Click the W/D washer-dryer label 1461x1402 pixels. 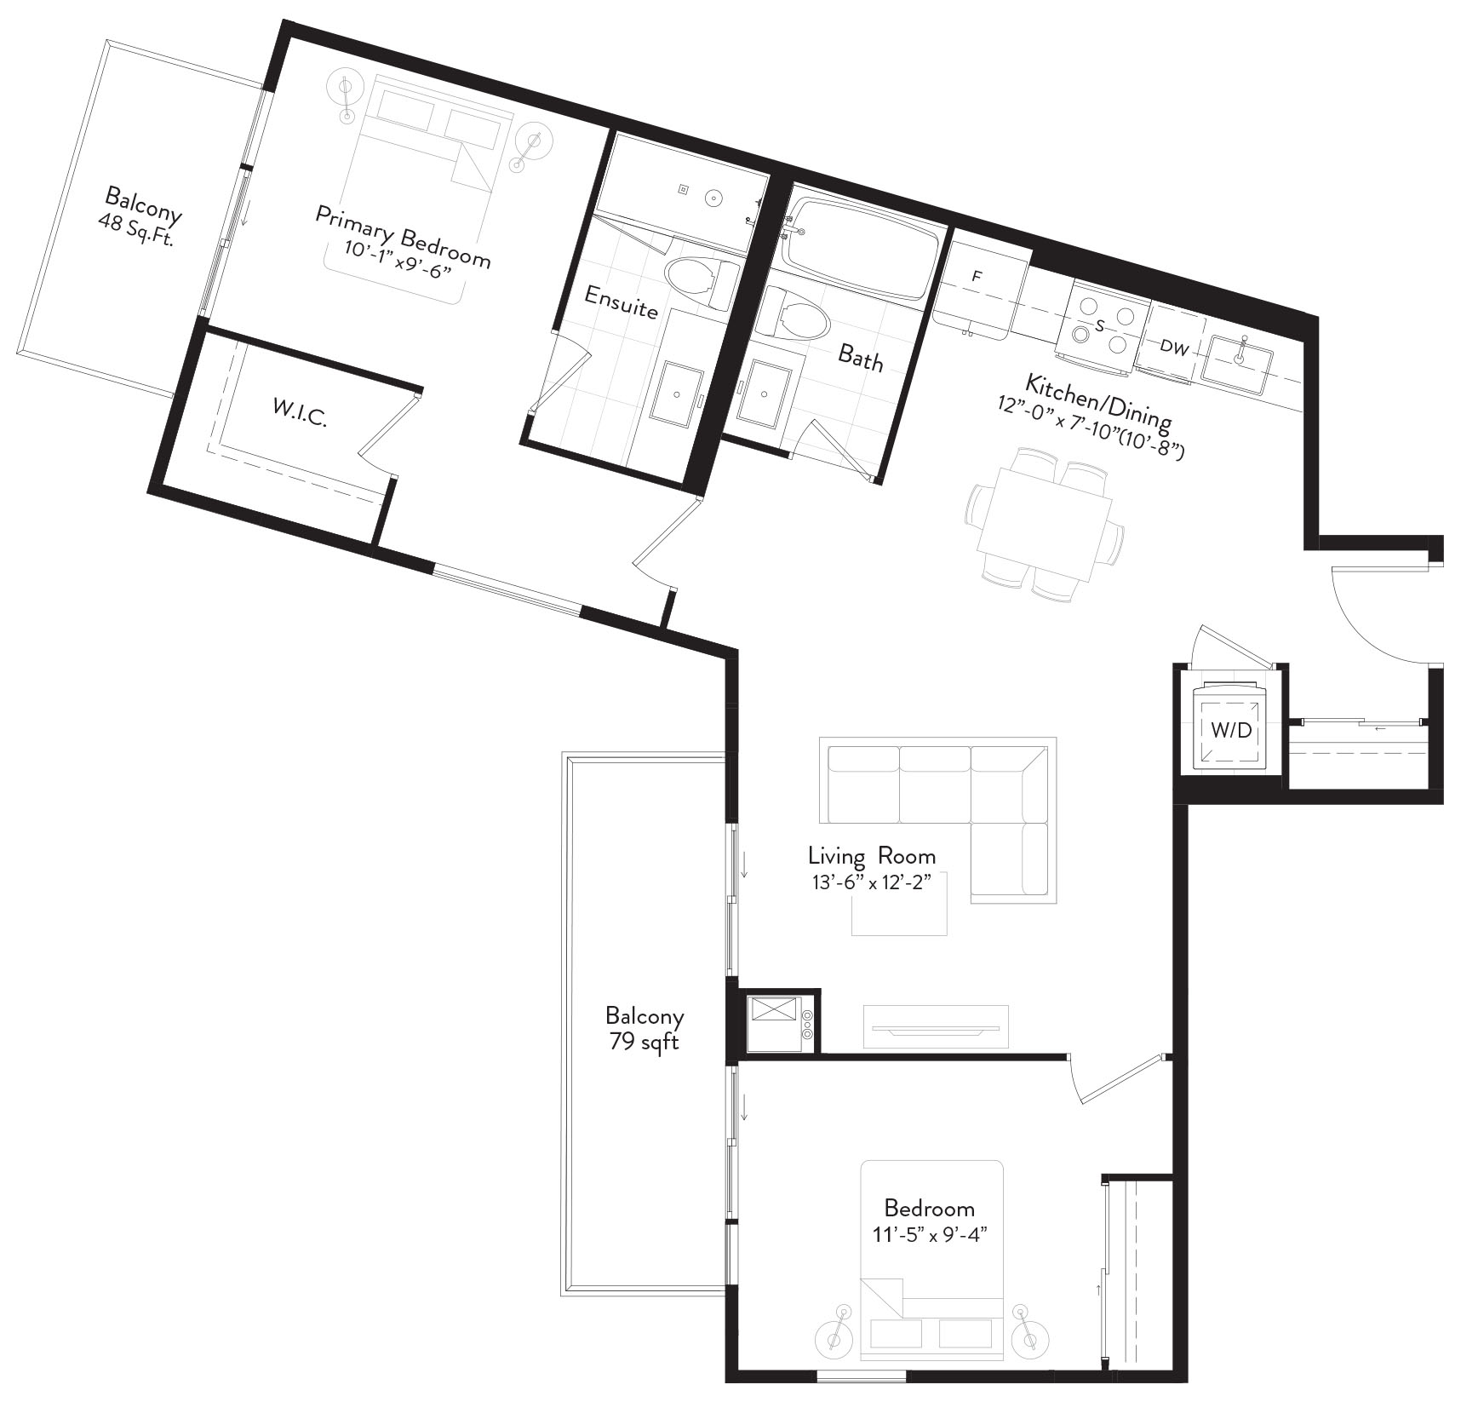(1231, 730)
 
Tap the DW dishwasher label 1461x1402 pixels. (1174, 347)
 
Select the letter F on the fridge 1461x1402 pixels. (978, 277)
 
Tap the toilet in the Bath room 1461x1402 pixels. (795, 316)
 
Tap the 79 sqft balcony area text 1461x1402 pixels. (644, 1041)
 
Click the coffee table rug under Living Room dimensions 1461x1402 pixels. (900, 903)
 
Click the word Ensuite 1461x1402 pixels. (622, 302)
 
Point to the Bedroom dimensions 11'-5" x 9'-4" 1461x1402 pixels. (930, 1232)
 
